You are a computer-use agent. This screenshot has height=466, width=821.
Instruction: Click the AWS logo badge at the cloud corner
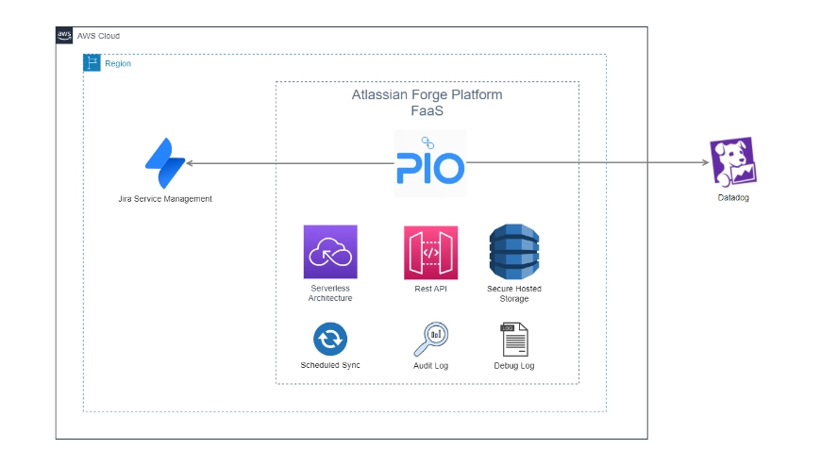click(64, 36)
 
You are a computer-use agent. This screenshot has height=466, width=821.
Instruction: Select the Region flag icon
click(92, 63)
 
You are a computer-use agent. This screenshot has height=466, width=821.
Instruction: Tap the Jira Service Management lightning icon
click(164, 164)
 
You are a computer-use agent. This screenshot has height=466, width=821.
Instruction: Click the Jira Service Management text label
click(165, 199)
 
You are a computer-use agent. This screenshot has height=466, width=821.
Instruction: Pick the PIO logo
click(429, 164)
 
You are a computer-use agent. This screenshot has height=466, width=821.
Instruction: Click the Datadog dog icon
click(733, 161)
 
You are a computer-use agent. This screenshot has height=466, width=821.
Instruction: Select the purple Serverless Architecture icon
click(330, 252)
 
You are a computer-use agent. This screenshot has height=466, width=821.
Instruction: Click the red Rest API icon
click(430, 252)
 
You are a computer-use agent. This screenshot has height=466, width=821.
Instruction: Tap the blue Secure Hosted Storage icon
click(514, 252)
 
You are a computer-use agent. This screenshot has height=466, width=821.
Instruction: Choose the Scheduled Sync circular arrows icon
click(330, 338)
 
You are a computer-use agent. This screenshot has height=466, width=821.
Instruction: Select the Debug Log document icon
click(514, 339)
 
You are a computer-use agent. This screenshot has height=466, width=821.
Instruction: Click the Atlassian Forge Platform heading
click(427, 95)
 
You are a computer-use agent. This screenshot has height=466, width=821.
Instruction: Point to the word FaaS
click(427, 111)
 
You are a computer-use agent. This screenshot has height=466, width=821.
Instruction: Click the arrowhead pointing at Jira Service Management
click(190, 164)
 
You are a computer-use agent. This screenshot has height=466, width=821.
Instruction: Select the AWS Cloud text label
click(98, 36)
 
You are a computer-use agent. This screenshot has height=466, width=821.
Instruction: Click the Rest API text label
click(430, 289)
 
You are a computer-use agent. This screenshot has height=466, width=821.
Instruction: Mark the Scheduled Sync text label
click(330, 365)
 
